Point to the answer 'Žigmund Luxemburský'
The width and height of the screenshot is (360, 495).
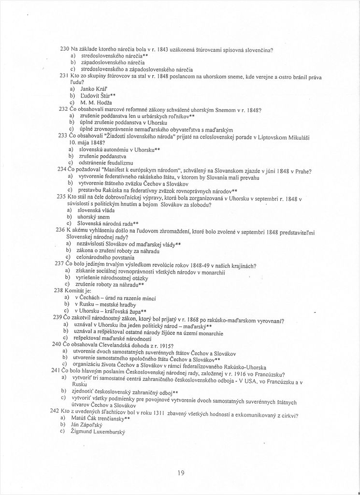pos(98,431)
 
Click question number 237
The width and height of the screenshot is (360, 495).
pos(59,264)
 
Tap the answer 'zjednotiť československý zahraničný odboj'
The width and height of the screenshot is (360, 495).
pos(124,391)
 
